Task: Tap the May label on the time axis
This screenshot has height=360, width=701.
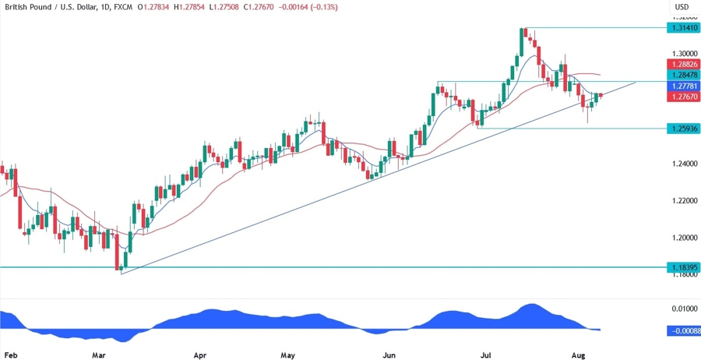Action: [289, 353]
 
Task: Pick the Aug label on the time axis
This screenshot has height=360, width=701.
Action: [578, 353]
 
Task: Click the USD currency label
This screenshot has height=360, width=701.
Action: [682, 8]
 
